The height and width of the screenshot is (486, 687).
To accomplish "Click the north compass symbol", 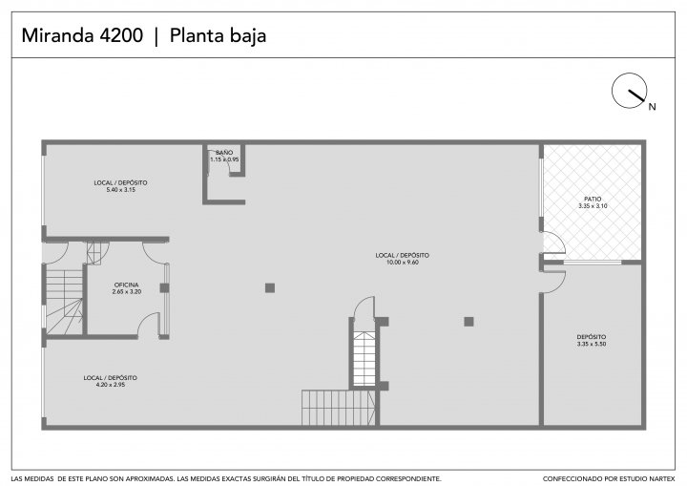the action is click(629, 91).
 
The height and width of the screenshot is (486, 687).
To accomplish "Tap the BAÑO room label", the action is click(224, 153).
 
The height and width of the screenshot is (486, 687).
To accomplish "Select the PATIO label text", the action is click(593, 200).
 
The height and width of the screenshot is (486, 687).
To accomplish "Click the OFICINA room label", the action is click(127, 285).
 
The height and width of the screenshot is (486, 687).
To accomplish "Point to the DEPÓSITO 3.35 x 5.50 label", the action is click(592, 340).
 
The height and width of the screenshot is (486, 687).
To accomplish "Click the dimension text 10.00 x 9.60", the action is click(403, 263).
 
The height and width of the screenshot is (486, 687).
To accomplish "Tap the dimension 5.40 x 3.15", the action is click(120, 190).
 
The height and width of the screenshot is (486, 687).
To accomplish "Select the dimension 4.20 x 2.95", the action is click(111, 385).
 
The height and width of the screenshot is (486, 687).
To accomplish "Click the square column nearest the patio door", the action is click(468, 322).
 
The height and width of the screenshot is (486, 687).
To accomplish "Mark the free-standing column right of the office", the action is click(270, 287).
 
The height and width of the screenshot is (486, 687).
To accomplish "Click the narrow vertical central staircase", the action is click(364, 359).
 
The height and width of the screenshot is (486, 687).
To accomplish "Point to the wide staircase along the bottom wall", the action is click(338, 408).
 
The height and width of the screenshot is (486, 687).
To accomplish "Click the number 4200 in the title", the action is click(121, 35).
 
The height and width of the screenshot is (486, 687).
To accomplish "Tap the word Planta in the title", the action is click(193, 35).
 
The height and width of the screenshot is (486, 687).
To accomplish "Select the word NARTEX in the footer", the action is click(660, 479).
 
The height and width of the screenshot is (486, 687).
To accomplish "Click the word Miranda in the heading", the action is click(58, 35).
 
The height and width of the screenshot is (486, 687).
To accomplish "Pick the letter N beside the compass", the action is click(653, 107).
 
